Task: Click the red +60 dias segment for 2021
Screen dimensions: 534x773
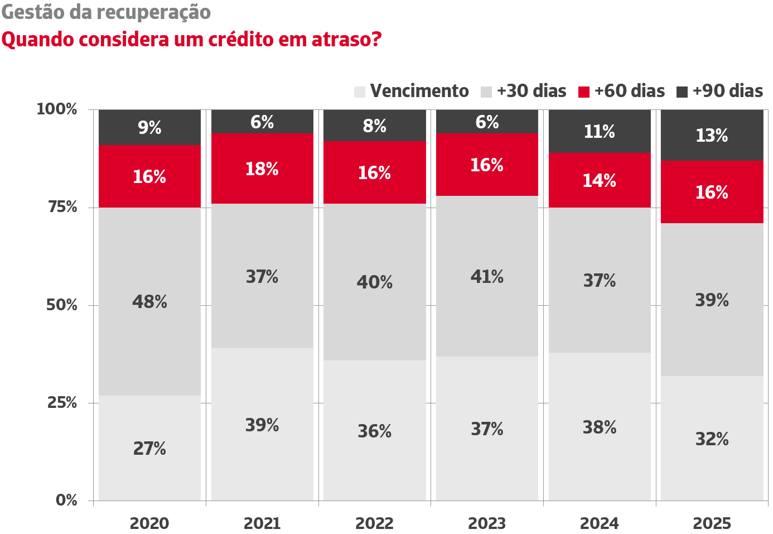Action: click(x=262, y=169)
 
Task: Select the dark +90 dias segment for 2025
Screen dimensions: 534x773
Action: click(x=712, y=135)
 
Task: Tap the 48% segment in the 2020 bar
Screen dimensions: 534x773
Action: click(x=149, y=301)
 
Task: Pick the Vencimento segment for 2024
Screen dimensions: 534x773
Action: click(x=600, y=426)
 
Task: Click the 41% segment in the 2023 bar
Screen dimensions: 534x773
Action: click(x=487, y=276)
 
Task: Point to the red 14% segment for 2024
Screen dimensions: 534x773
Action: click(x=600, y=180)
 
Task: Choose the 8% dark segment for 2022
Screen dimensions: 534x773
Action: click(x=374, y=126)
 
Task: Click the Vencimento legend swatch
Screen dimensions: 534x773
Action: click(x=360, y=92)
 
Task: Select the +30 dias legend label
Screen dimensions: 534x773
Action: click(x=531, y=91)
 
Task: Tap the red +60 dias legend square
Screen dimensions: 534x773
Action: click(x=584, y=92)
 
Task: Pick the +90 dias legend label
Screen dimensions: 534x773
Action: click(x=727, y=91)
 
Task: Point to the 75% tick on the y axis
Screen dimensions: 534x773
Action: click(x=62, y=207)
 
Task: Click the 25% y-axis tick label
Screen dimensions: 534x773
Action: click(x=62, y=402)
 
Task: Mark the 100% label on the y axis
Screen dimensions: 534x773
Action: click(x=57, y=109)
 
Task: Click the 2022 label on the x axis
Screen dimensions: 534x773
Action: click(x=374, y=523)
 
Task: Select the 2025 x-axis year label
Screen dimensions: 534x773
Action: click(x=712, y=523)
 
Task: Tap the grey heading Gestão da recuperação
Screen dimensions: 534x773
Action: click(x=106, y=12)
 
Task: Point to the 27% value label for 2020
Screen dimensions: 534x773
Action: click(x=149, y=448)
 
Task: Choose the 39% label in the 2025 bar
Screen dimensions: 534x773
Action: click(x=712, y=300)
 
